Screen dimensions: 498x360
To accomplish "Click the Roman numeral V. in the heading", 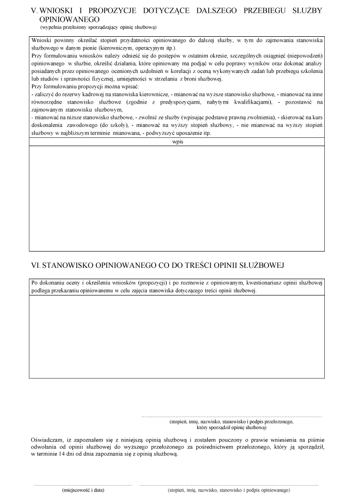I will point(35,11).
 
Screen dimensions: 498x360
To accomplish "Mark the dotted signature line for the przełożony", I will point(231,416).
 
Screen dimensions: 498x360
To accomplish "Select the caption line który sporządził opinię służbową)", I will point(231,427).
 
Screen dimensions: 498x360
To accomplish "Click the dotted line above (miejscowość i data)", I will point(83,484).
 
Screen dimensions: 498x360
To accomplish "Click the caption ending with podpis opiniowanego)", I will point(229,490).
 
